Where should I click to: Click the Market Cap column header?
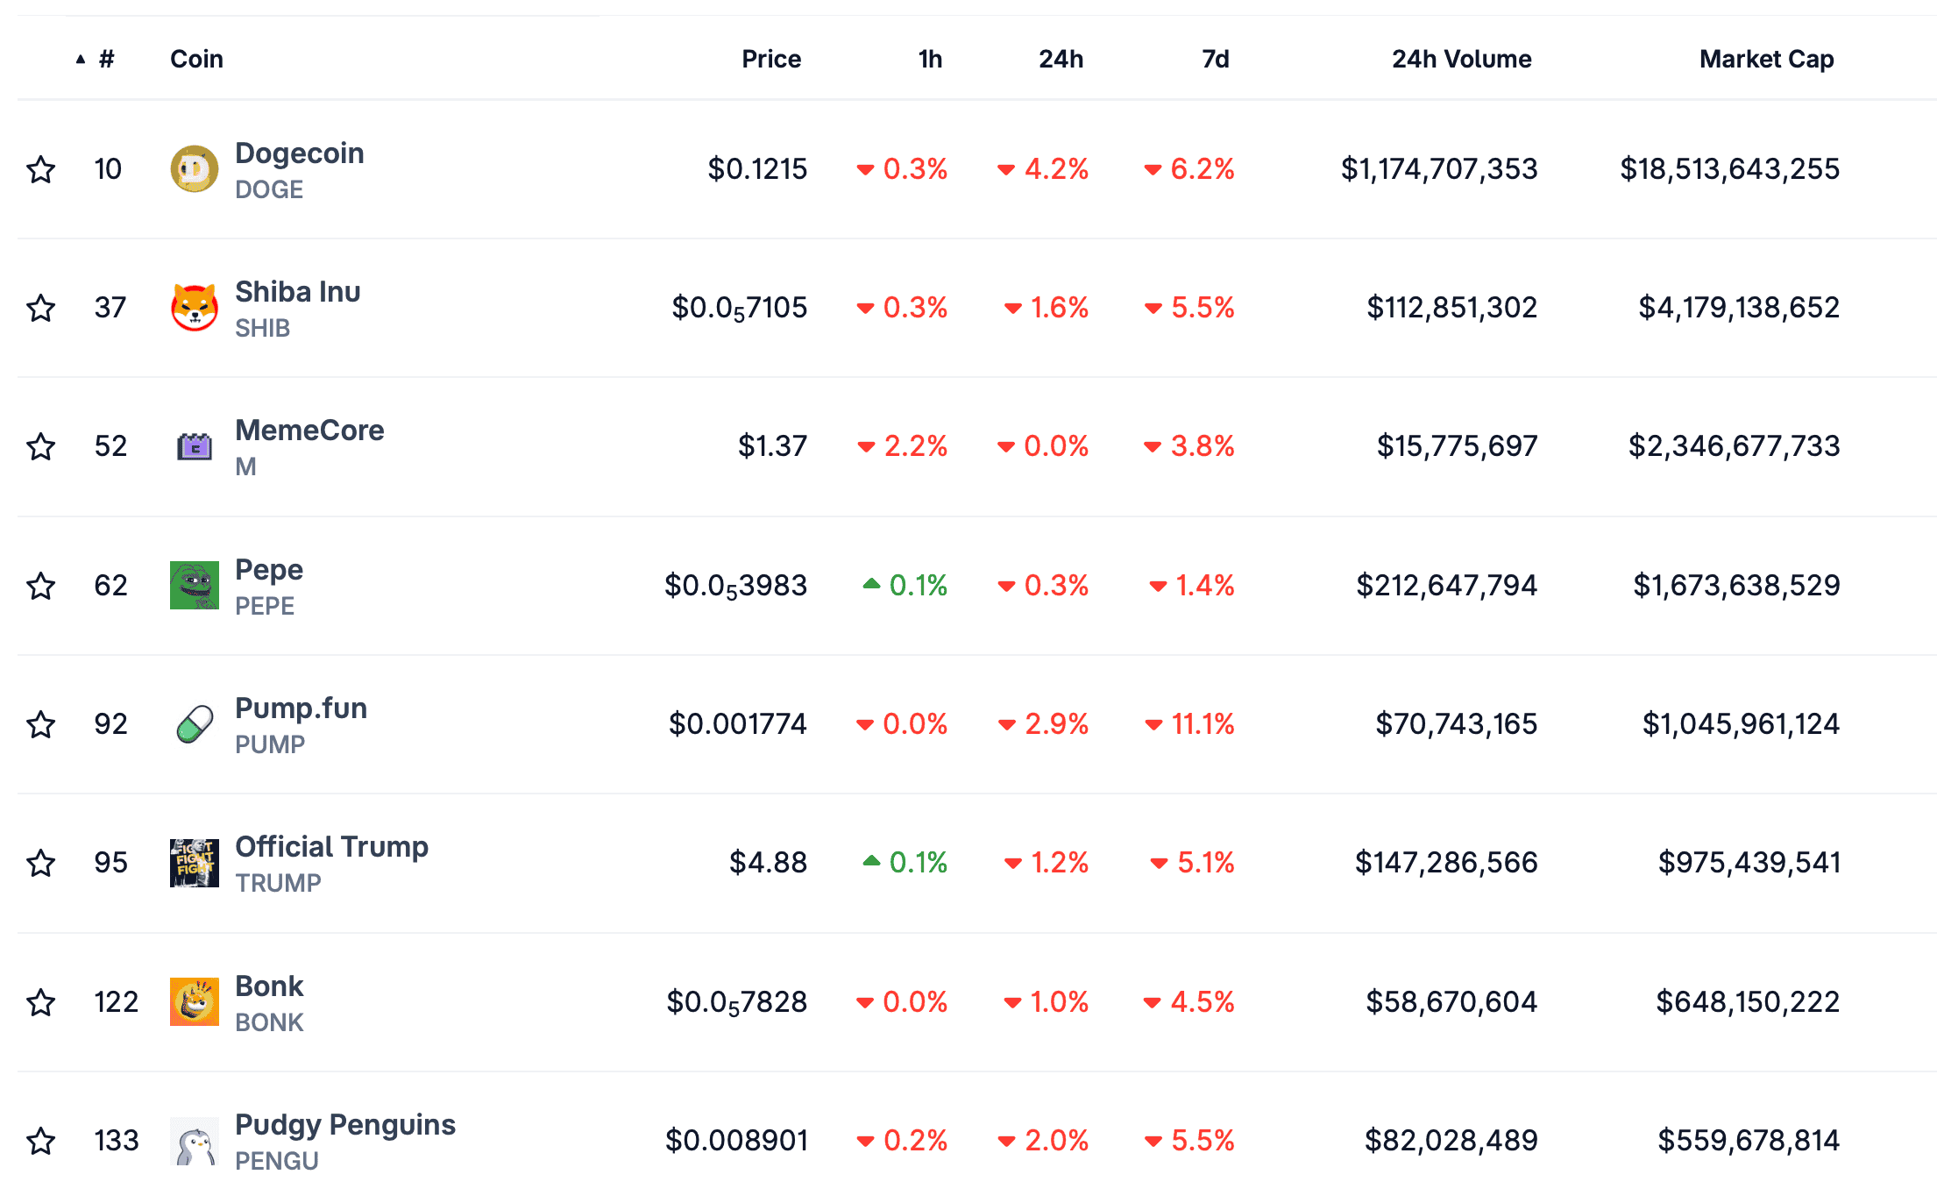1766,59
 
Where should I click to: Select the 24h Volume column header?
1461,59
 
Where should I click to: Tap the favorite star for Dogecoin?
41,169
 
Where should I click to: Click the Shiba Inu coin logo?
194,308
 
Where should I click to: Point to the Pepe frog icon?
194,585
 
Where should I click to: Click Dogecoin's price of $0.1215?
757,168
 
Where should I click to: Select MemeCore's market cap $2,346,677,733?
1734,445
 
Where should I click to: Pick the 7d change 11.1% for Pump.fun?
1202,723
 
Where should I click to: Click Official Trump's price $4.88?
768,862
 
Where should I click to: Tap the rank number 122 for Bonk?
116,1001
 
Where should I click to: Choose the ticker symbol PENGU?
277,1161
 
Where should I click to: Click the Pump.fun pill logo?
194,724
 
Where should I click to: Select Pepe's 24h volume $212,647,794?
1446,585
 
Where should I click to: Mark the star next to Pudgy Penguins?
41,1141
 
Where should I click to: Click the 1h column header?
930,59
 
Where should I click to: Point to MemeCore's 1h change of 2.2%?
915,445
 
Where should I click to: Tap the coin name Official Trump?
331,846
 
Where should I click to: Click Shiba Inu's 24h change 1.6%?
1058,307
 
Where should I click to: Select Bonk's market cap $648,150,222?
1747,1001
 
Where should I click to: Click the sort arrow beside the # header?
81,60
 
